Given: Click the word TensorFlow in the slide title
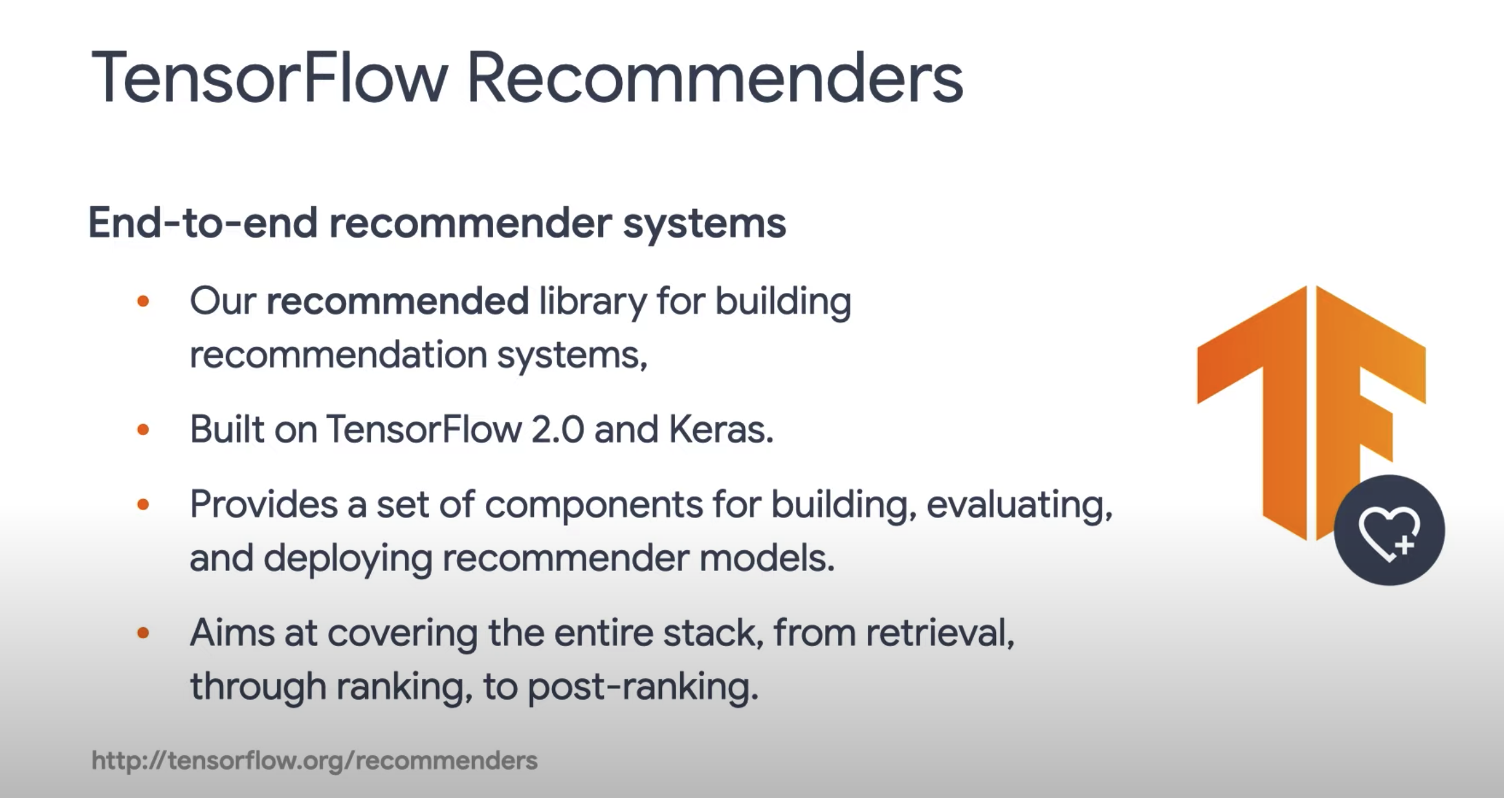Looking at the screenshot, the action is (269, 78).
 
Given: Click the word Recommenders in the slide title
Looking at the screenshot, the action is (715, 78).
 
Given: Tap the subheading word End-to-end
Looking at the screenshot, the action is (203, 223).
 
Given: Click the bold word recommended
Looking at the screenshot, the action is (397, 301).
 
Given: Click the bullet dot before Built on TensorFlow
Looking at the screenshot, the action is (144, 430).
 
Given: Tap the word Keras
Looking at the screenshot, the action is (720, 429).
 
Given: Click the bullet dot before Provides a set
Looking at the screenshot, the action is (144, 504).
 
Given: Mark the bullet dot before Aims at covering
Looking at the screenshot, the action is (144, 633).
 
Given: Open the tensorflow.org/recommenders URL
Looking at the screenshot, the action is (315, 760).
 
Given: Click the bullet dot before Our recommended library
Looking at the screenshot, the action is (144, 301).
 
